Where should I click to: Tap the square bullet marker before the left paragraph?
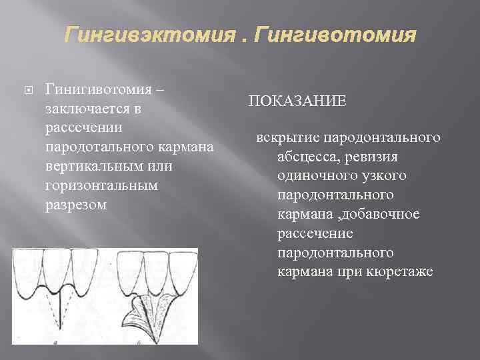tap(25, 90)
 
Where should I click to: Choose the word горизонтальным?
tap(101, 185)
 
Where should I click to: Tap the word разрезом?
tap(75, 205)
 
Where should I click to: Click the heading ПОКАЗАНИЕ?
tap(297, 101)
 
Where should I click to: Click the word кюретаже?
tap(401, 273)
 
